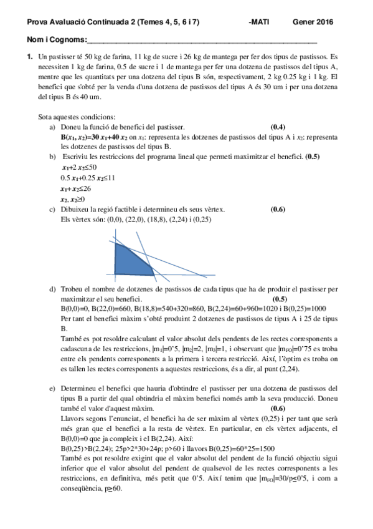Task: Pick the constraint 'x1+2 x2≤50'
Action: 79,168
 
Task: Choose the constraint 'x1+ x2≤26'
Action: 76,188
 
